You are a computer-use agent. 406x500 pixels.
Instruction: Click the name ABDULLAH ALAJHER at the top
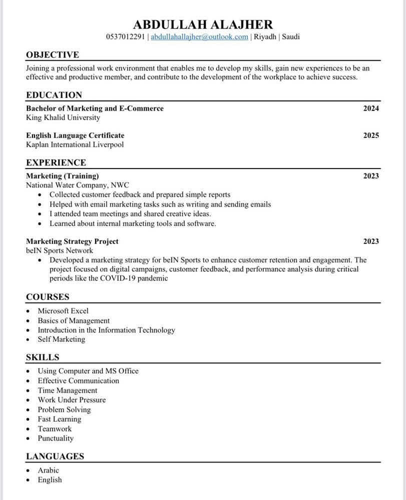pos(203,24)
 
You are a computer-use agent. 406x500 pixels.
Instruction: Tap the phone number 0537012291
pos(125,37)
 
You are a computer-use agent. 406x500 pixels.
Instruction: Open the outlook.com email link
pos(199,37)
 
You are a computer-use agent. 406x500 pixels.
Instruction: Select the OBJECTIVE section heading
pos(53,55)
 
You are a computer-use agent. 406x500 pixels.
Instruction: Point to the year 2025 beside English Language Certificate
pos(371,135)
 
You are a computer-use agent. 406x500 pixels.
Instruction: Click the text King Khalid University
pos(63,117)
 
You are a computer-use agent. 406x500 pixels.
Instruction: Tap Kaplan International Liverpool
pos(75,144)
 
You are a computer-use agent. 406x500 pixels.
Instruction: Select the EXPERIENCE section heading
pos(56,162)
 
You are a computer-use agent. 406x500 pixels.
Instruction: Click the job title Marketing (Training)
pos(63,176)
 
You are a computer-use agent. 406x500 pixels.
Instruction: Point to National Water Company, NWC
pos(78,185)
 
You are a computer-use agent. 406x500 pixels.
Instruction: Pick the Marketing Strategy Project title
pos(72,241)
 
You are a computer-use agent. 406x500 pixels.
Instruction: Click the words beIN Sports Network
pos(60,250)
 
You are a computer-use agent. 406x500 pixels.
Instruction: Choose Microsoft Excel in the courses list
pos(63,311)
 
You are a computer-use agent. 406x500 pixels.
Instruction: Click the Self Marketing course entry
pos(62,339)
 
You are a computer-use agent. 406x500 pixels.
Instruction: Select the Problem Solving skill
pos(64,409)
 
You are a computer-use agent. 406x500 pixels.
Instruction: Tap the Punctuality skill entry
pos(56,438)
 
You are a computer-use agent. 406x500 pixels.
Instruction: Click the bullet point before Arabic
pos(29,470)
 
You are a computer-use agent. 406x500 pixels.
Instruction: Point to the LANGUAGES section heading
pos(55,456)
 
